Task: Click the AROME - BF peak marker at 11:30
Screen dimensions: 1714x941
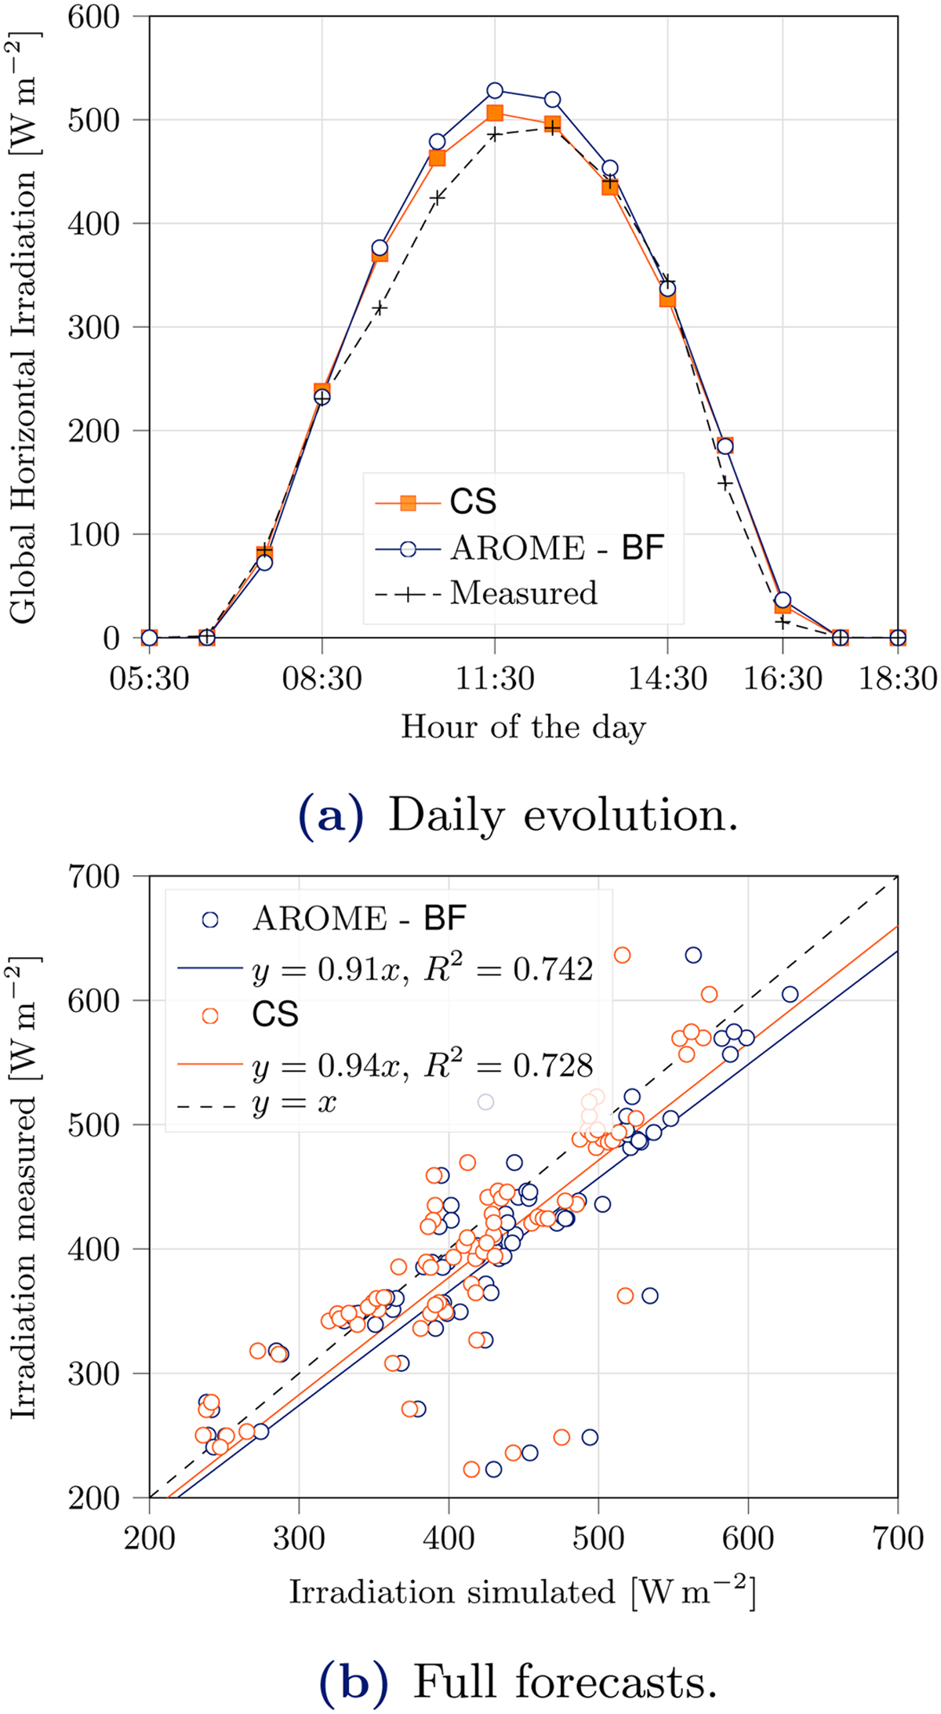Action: point(495,91)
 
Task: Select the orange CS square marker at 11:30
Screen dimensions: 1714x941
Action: point(495,114)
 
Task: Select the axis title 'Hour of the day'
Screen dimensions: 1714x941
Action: point(523,727)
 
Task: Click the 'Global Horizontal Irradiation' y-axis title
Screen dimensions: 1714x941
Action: point(24,327)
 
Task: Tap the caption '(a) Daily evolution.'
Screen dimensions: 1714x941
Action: point(518,816)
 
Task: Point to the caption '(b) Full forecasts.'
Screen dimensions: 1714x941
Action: point(518,1681)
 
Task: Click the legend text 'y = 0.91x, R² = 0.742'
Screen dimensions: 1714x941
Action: point(423,970)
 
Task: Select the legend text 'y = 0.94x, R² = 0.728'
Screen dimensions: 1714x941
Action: point(423,1065)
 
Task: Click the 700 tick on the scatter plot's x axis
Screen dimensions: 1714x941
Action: point(898,1538)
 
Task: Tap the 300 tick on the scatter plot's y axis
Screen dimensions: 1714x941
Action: point(94,1374)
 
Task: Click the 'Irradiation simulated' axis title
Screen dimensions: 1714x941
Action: point(523,1592)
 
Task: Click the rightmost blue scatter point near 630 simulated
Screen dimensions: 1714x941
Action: point(790,995)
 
